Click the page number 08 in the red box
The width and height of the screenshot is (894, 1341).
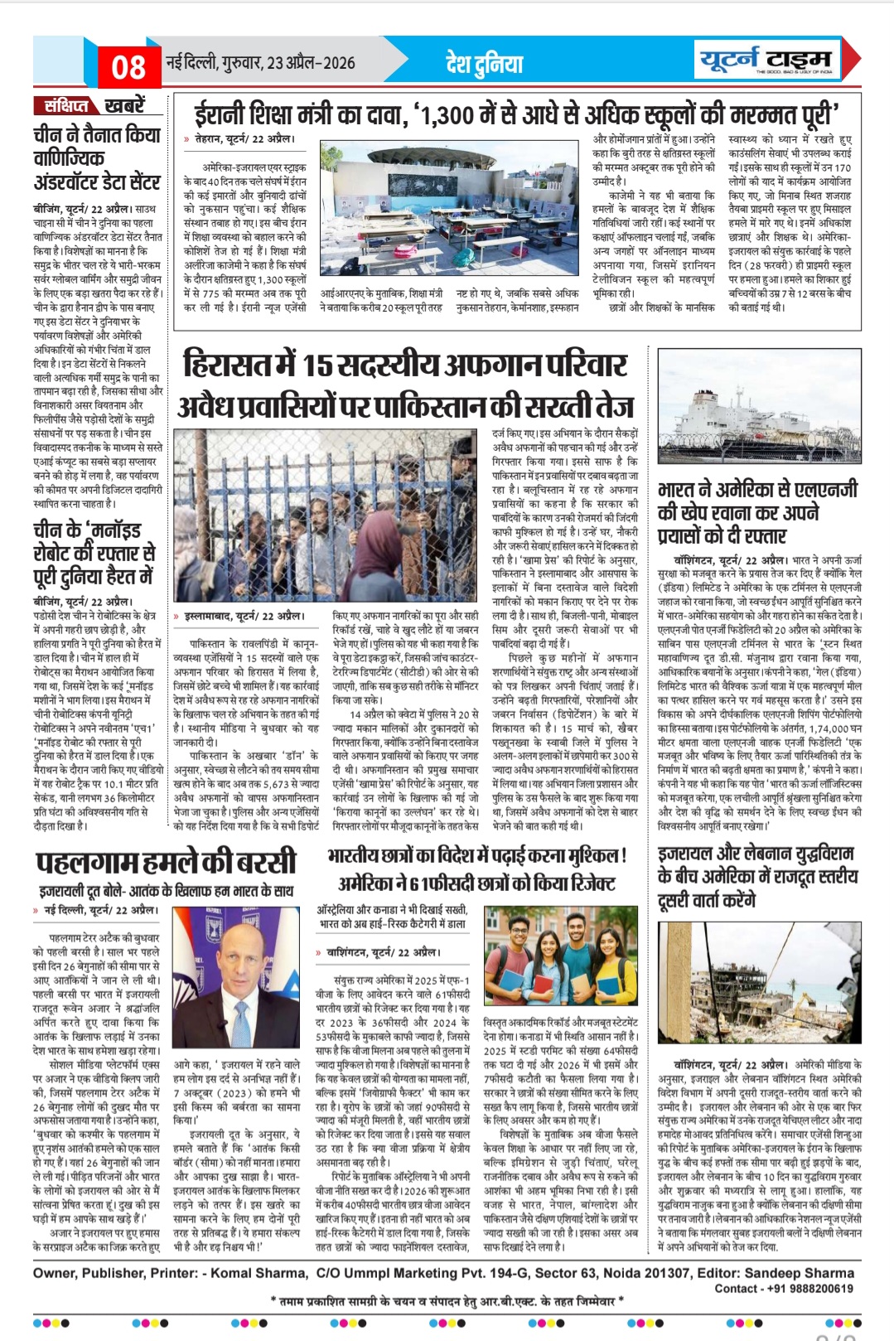(x=128, y=66)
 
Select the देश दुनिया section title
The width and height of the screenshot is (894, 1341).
(x=485, y=63)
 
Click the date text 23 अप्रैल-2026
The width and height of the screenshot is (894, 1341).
(x=311, y=63)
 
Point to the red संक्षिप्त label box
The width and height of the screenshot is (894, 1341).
(x=66, y=106)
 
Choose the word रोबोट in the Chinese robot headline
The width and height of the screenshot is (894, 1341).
(x=56, y=554)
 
